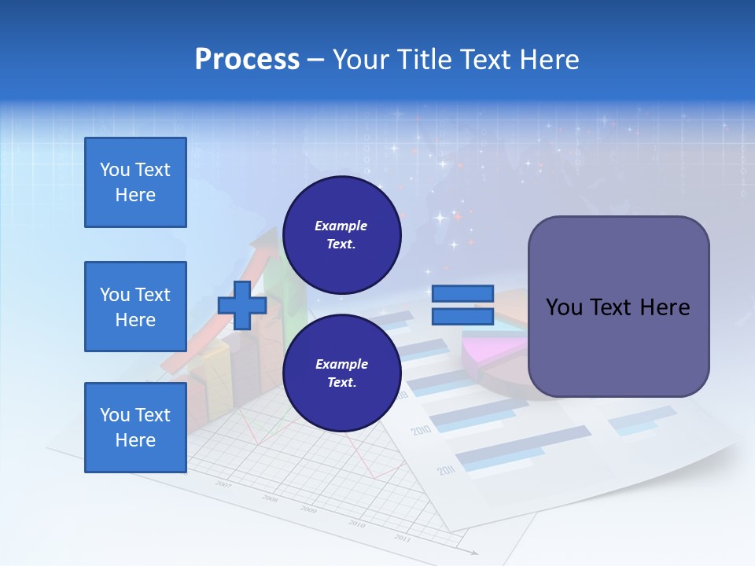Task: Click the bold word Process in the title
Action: (x=247, y=60)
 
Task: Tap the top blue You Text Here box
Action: (x=135, y=182)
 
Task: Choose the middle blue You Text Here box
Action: (x=135, y=307)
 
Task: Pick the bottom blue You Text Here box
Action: (x=135, y=428)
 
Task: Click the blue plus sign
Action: (x=242, y=305)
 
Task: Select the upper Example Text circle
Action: (x=341, y=235)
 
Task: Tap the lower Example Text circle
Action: (x=341, y=373)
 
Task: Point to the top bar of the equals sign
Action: (x=462, y=294)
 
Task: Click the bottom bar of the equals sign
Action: (x=462, y=316)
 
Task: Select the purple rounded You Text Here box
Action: (x=618, y=307)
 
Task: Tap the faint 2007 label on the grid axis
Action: (x=224, y=485)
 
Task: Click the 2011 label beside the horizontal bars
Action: (x=446, y=470)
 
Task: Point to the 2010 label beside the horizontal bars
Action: (x=421, y=431)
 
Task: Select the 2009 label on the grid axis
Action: (x=309, y=509)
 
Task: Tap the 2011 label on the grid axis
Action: (x=402, y=538)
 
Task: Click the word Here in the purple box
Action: (x=665, y=307)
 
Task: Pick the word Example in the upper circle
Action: (x=341, y=226)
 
